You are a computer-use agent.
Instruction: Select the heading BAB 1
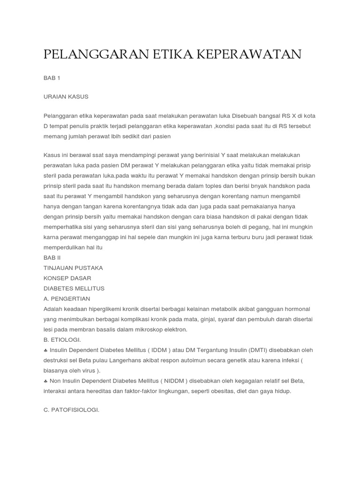coord(52,78)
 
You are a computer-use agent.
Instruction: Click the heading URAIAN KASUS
coord(66,97)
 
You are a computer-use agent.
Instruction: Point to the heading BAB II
coord(52,258)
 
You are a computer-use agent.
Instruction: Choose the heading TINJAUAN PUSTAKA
coord(73,268)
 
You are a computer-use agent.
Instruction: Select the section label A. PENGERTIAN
coord(67,299)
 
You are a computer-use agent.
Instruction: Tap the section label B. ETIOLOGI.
coord(62,340)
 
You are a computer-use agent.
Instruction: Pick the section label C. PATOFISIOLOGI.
coord(71,410)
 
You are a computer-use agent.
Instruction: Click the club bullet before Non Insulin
coord(45,381)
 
